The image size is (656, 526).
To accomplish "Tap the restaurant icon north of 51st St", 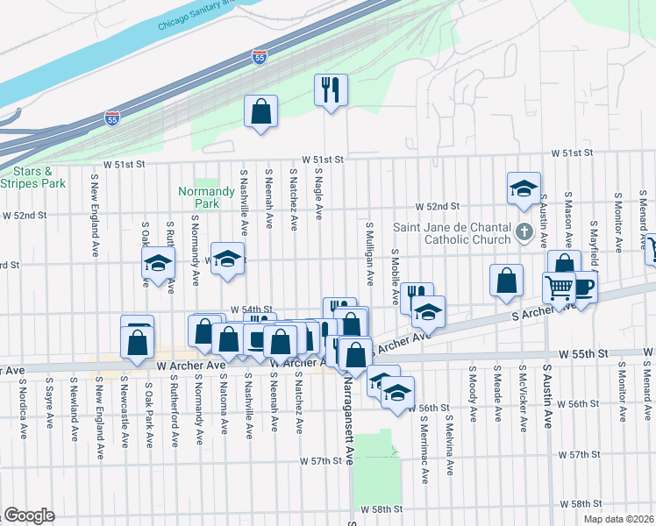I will (x=331, y=90).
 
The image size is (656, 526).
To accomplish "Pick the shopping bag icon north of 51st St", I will (x=260, y=111).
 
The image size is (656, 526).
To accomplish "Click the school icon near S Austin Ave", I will (x=523, y=188).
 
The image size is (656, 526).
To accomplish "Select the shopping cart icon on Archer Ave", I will (x=559, y=286).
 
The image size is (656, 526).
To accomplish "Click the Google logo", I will (x=29, y=515).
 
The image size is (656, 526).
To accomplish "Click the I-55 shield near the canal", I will (x=259, y=57).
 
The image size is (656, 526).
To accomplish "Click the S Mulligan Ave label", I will (x=370, y=253).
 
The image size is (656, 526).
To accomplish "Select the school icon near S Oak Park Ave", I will (x=159, y=262).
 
